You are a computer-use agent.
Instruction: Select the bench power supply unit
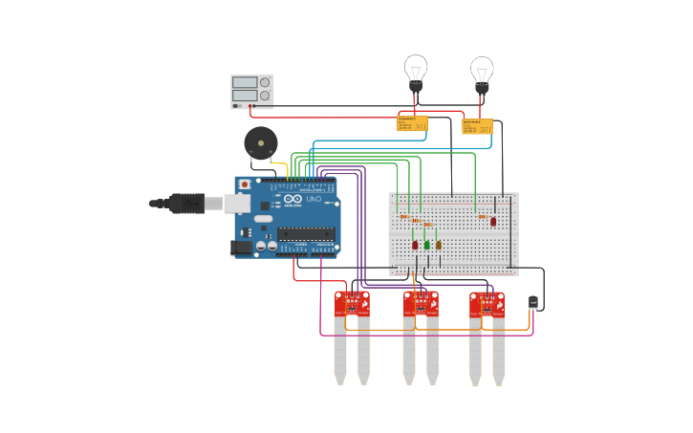pyautogui.click(x=252, y=91)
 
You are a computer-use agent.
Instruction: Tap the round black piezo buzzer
pyautogui.click(x=259, y=143)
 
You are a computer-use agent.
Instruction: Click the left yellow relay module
pyautogui.click(x=412, y=123)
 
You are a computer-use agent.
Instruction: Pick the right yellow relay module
pyautogui.click(x=477, y=126)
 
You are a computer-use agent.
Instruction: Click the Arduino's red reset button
pyautogui.click(x=245, y=184)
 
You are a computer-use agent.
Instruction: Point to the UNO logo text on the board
pyautogui.click(x=313, y=199)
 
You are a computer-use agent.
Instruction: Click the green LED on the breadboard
pyautogui.click(x=426, y=245)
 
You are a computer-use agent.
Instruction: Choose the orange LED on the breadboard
pyautogui.click(x=439, y=245)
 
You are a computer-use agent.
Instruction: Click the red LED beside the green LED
pyautogui.click(x=415, y=245)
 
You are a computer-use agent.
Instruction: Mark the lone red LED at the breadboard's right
pyautogui.click(x=493, y=221)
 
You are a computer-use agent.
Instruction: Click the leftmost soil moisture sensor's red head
pyautogui.click(x=352, y=304)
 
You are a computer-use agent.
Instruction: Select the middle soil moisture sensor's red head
pyautogui.click(x=421, y=304)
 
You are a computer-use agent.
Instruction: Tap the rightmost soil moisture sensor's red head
pyautogui.click(x=487, y=304)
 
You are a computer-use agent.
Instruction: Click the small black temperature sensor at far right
pyautogui.click(x=532, y=302)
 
